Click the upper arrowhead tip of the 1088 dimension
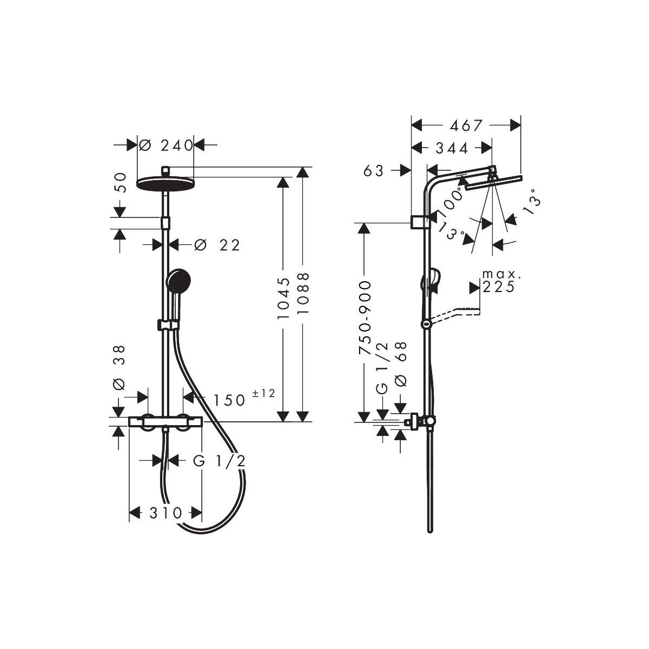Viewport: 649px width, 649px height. click(x=303, y=167)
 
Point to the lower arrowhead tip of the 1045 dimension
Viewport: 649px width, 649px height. click(x=283, y=421)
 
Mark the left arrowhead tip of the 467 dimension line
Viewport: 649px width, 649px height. click(x=412, y=125)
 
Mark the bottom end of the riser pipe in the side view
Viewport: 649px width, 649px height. click(x=429, y=532)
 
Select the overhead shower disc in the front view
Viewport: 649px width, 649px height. click(x=165, y=184)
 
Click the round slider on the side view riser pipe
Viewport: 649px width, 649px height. click(x=426, y=324)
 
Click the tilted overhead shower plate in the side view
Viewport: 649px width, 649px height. click(x=493, y=182)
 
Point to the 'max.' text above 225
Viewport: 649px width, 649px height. click(x=501, y=274)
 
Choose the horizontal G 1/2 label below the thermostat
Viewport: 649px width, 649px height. click(x=219, y=461)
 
